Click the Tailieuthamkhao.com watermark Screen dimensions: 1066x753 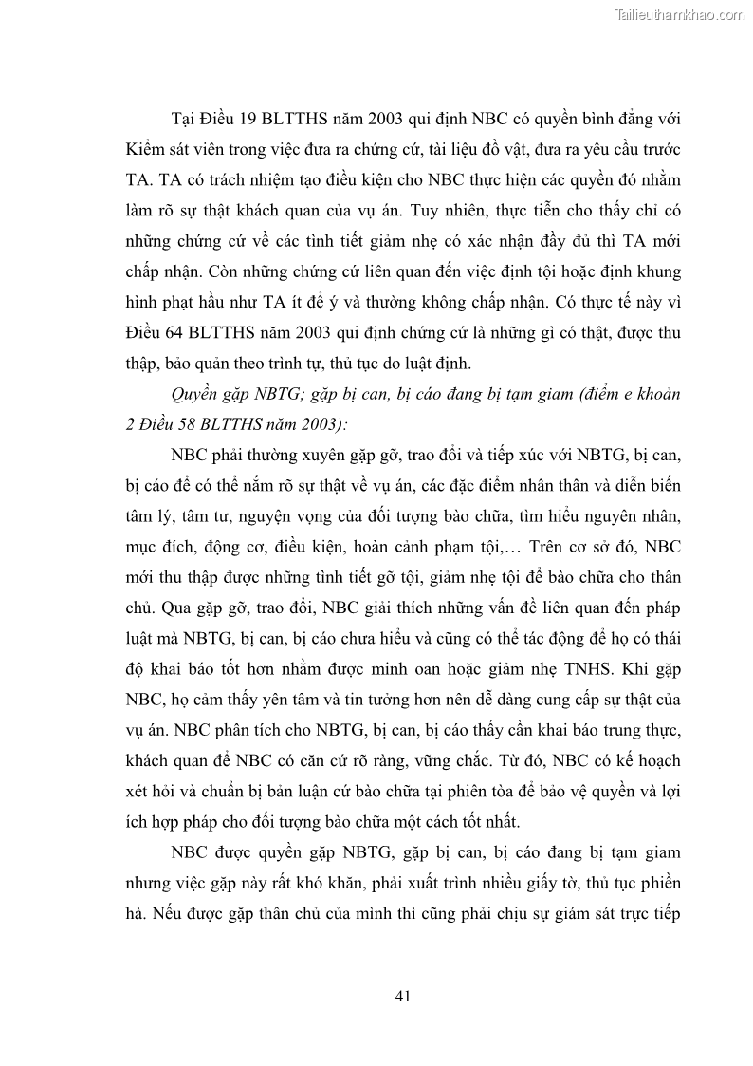pos(681,14)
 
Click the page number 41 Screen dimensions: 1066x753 pos(401,996)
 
